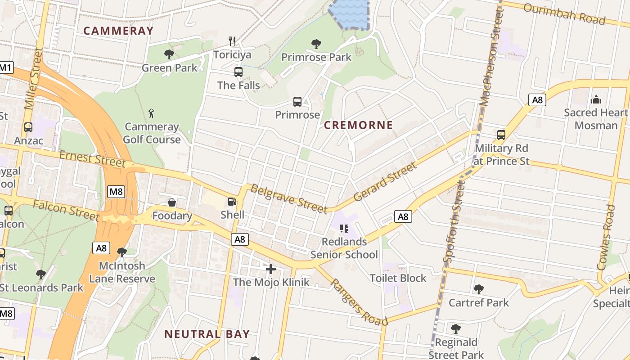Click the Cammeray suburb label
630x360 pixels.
click(118, 31)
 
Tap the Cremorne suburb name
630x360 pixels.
click(359, 125)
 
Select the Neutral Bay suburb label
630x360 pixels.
click(207, 334)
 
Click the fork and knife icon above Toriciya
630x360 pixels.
click(232, 41)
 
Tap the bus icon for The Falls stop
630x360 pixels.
click(238, 72)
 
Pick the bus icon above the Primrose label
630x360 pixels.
click(297, 101)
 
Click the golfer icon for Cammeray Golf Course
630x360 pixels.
click(152, 113)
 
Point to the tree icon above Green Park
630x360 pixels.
click(169, 54)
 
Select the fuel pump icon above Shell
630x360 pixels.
click(232, 202)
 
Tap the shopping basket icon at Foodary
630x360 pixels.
click(172, 202)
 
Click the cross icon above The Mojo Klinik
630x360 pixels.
click(271, 269)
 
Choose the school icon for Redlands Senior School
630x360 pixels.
click(344, 229)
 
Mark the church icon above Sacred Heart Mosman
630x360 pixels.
click(596, 99)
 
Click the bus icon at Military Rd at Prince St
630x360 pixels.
click(501, 135)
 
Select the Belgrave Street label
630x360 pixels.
click(288, 198)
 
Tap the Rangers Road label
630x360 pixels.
click(359, 301)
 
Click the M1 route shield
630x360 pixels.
click(5, 68)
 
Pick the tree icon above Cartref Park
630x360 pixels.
click(479, 289)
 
